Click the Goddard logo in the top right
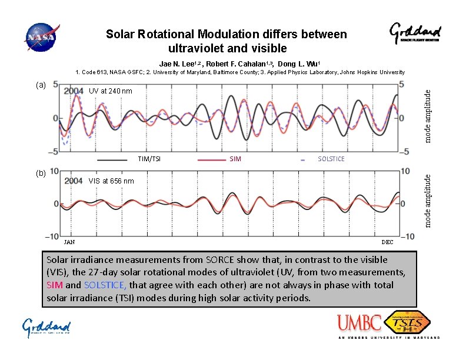(415, 34)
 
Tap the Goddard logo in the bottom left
(46, 328)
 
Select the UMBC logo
(359, 324)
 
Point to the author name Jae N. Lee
(179, 64)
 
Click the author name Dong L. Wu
(298, 64)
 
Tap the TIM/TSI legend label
(149, 159)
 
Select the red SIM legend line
(212, 159)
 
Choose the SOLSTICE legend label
(331, 159)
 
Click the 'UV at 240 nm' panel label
(111, 91)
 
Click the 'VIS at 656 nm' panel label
(111, 181)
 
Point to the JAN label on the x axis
(69, 242)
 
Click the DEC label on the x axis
(388, 242)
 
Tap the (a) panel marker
(40, 85)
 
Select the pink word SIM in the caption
(55, 285)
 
